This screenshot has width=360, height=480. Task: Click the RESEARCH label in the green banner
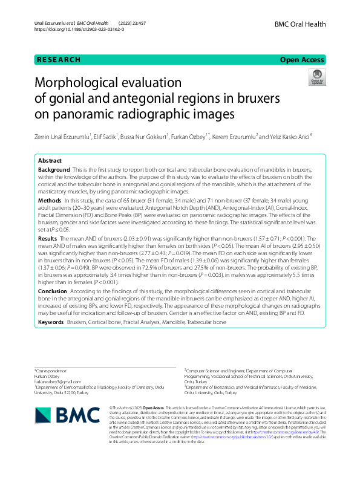(x=59, y=60)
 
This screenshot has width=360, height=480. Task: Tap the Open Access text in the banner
(x=303, y=60)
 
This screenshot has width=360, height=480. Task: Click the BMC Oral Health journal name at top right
(x=300, y=24)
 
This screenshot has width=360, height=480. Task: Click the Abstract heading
(x=50, y=161)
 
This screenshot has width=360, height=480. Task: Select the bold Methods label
(x=50, y=199)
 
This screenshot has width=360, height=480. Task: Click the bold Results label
(x=48, y=239)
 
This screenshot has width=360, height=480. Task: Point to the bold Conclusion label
(x=53, y=291)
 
